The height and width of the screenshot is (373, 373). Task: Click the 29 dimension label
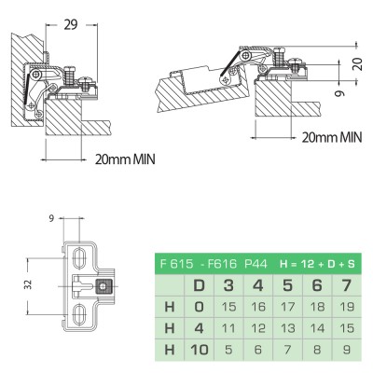click(x=71, y=24)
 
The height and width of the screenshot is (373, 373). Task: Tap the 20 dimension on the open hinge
click(x=358, y=63)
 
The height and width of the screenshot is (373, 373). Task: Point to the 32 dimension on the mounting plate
click(x=28, y=284)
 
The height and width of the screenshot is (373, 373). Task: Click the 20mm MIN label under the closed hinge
click(x=125, y=159)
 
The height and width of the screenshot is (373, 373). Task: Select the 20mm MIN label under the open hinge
click(x=332, y=137)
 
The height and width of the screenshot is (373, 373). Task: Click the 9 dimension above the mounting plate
click(x=51, y=218)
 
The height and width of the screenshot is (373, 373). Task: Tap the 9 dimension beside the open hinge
click(x=341, y=93)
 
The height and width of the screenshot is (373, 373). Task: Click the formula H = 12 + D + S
click(x=317, y=264)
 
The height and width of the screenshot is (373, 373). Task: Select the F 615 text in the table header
click(x=177, y=264)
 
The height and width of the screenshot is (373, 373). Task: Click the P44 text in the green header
click(x=256, y=264)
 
